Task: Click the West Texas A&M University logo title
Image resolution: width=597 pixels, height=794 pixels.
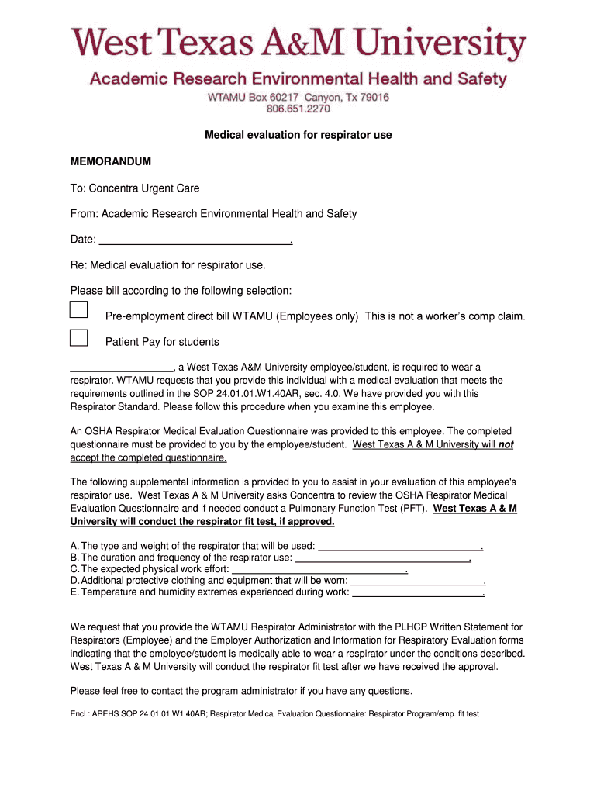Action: (298, 44)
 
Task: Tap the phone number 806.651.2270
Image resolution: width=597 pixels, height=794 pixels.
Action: (298, 109)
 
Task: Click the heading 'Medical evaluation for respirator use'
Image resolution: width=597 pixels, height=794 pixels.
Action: (298, 135)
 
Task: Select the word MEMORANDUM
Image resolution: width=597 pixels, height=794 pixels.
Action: (110, 161)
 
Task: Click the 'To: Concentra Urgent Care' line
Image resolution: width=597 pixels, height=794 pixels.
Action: (135, 188)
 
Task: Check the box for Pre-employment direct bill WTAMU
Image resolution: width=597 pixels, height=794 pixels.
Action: (78, 309)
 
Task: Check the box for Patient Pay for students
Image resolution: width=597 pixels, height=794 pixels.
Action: (78, 337)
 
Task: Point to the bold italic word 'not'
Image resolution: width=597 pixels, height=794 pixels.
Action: (506, 444)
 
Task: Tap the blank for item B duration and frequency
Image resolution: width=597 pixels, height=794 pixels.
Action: (383, 558)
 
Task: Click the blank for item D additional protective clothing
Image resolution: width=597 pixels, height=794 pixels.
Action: (417, 581)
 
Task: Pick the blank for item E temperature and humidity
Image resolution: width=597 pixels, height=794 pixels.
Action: (418, 592)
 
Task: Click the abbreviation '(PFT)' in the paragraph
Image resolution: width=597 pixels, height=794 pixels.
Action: (413, 508)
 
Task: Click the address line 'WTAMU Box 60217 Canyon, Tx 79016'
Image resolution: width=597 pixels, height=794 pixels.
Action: (298, 98)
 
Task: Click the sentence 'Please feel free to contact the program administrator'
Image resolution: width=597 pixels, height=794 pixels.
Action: (241, 691)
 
